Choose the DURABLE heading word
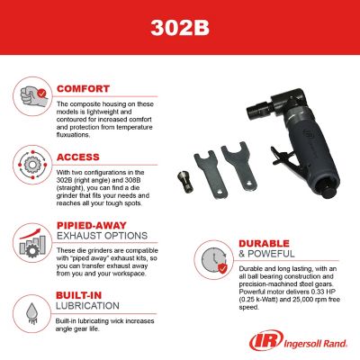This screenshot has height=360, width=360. (x=266, y=243)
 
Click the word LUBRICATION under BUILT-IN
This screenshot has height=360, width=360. (x=87, y=307)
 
